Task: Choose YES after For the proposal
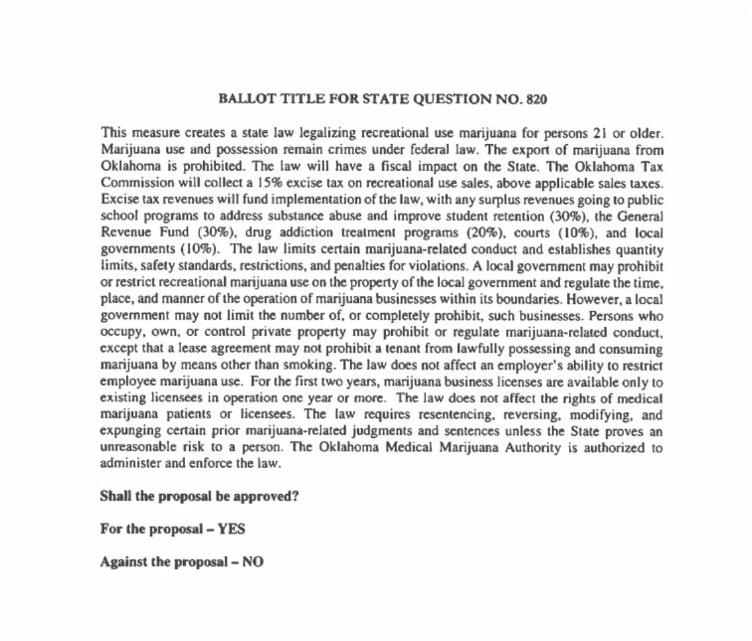tap(231, 529)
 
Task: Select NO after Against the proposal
tap(253, 562)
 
